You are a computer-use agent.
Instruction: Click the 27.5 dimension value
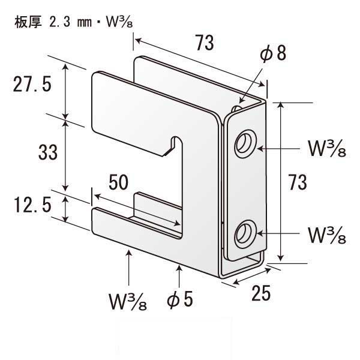33,85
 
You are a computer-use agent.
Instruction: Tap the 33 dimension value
47,153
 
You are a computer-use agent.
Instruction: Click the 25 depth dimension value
261,293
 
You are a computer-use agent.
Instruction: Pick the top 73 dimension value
205,43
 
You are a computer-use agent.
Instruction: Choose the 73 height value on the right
298,181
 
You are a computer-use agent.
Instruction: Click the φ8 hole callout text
272,55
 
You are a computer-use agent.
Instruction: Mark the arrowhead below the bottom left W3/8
129,254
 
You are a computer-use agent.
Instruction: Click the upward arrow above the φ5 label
180,268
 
